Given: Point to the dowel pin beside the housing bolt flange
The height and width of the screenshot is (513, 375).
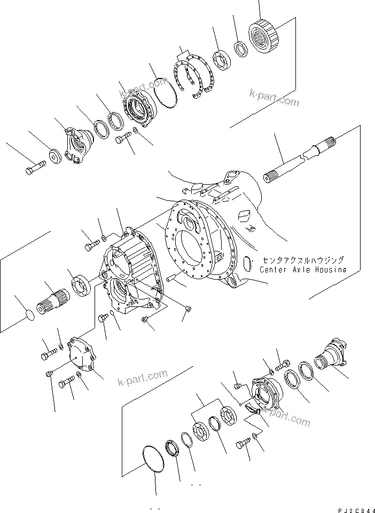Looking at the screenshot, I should pos(172,278).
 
